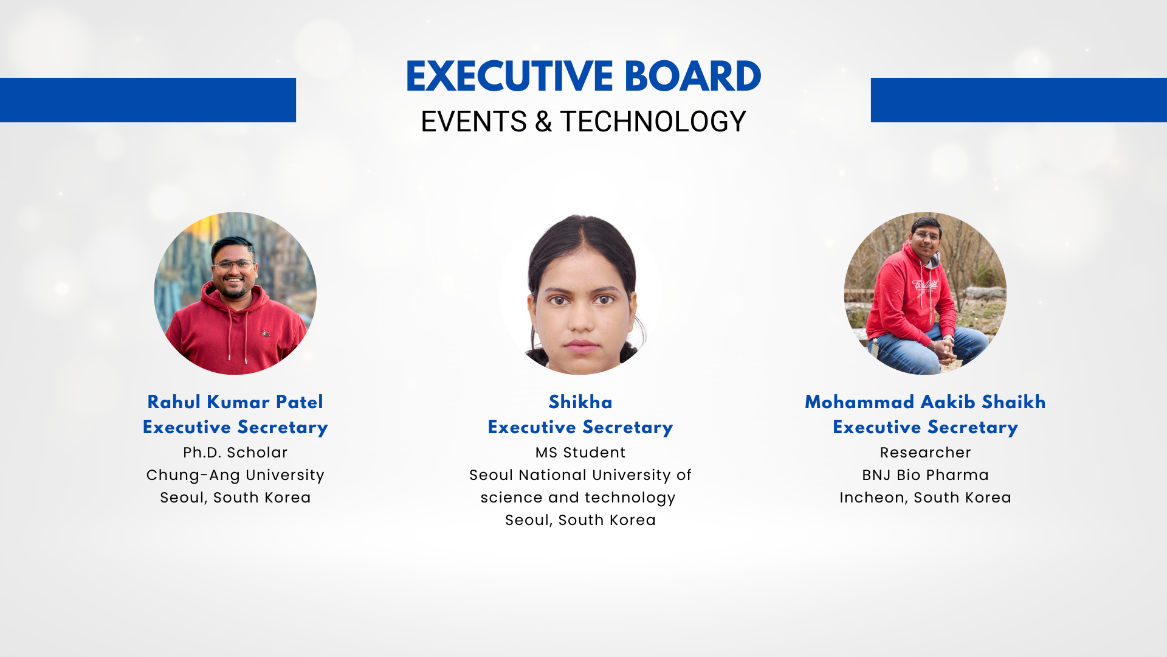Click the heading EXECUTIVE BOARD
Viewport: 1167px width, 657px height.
(583, 77)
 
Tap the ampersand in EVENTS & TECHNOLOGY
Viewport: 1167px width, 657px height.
(543, 122)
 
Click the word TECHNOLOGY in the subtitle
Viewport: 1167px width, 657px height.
(653, 122)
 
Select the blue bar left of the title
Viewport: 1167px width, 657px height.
(148, 100)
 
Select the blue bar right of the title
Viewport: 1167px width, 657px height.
(1019, 100)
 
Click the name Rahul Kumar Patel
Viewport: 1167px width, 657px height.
(235, 402)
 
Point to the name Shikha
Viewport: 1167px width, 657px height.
(580, 402)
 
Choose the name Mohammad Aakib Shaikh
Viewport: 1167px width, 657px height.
(925, 402)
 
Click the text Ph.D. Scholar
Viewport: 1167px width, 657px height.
(235, 453)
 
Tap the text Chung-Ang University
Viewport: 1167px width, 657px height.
(235, 475)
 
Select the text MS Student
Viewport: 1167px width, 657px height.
(580, 453)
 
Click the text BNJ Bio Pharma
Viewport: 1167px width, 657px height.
(925, 475)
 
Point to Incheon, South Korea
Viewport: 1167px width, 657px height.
(925, 498)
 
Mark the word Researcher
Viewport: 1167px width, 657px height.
(925, 453)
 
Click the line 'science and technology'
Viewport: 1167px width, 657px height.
(578, 498)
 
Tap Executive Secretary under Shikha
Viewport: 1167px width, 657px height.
(580, 427)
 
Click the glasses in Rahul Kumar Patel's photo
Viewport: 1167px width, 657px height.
(234, 266)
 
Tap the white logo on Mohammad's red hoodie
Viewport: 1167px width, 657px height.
(924, 285)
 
